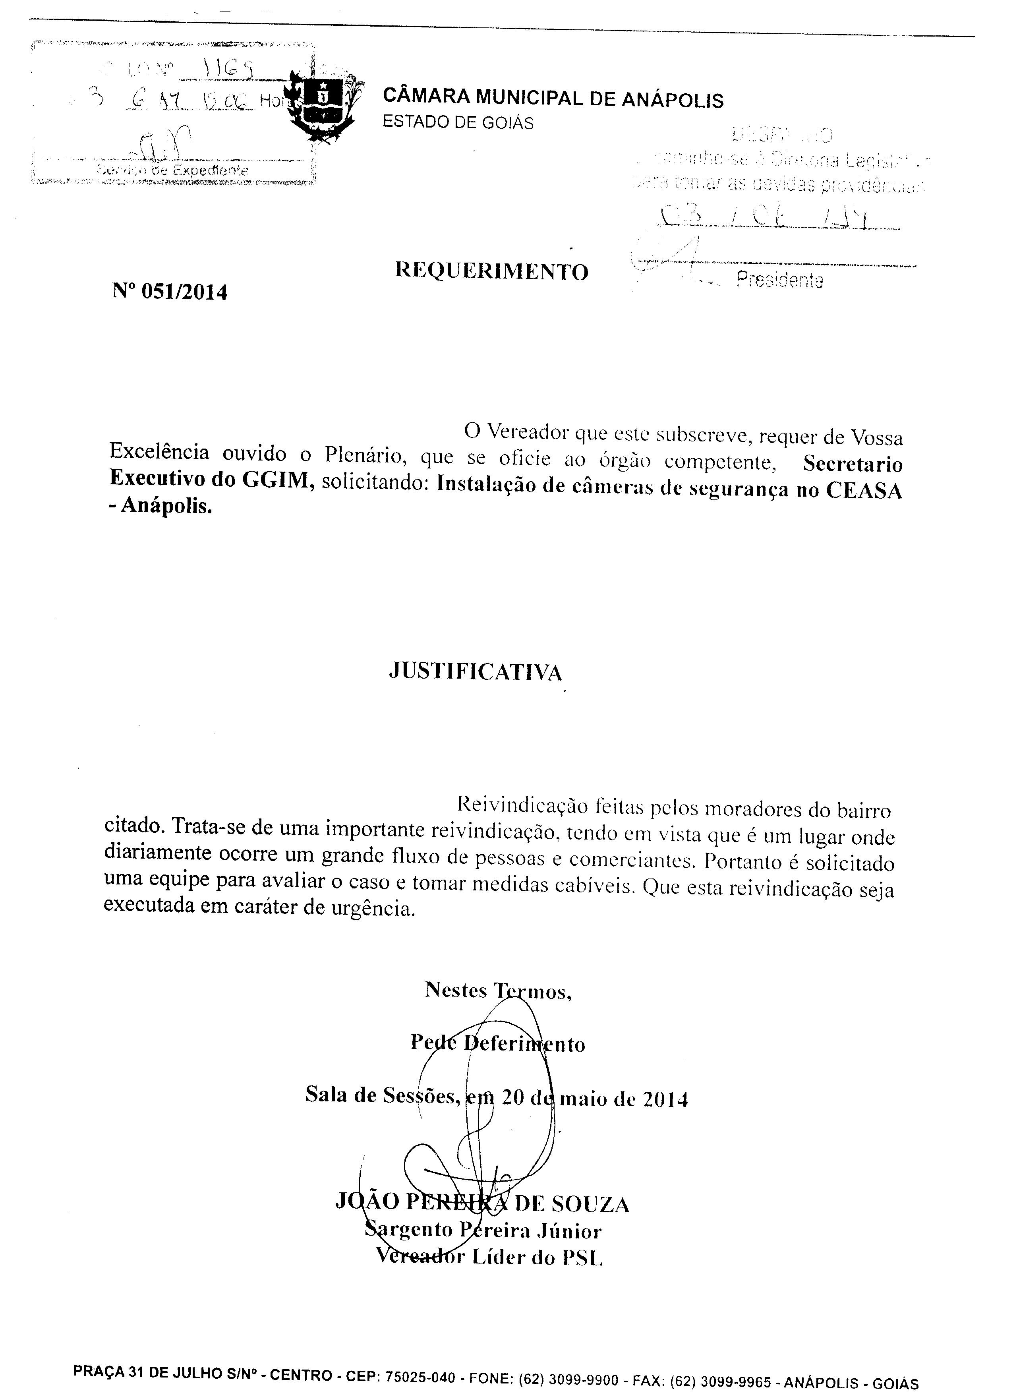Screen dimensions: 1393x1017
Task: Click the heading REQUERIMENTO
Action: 491,271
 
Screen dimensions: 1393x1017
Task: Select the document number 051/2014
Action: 184,292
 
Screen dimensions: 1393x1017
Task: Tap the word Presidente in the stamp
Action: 779,281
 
